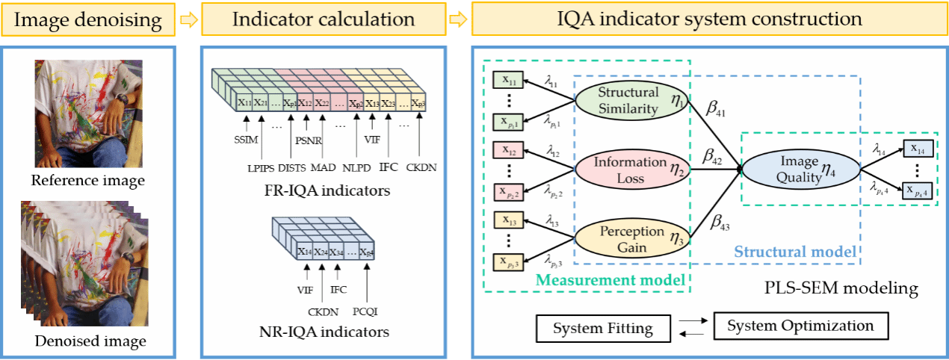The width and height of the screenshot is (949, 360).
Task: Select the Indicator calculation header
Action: pyautogui.click(x=324, y=19)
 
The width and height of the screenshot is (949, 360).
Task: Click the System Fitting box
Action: pyautogui.click(x=602, y=328)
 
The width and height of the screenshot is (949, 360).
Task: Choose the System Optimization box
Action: pyautogui.click(x=800, y=326)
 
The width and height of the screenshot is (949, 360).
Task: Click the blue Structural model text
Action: pyautogui.click(x=795, y=252)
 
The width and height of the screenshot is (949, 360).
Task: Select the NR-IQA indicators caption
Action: pyautogui.click(x=325, y=332)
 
